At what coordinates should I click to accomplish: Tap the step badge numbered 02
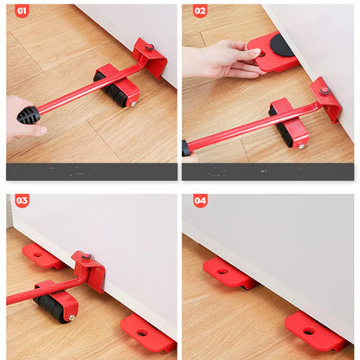click(x=200, y=11)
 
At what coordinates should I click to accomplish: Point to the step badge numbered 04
click(x=200, y=201)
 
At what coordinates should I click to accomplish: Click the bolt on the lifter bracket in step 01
click(x=149, y=48)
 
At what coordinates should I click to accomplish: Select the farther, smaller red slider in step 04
click(x=227, y=271)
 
